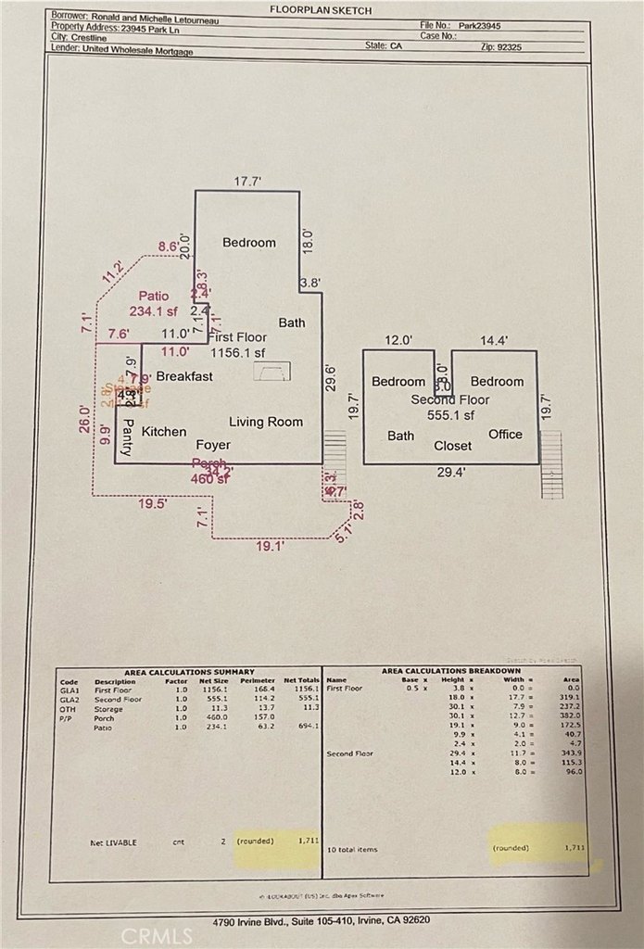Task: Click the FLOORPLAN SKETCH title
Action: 320,9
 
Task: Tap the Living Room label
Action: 266,422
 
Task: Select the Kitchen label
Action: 164,432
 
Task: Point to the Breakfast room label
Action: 184,376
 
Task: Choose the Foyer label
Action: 213,445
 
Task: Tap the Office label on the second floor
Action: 505,435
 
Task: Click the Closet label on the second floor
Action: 452,446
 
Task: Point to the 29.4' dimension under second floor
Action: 450,472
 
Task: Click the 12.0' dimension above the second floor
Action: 398,341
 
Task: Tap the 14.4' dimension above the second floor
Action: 493,341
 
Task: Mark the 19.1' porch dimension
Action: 271,547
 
